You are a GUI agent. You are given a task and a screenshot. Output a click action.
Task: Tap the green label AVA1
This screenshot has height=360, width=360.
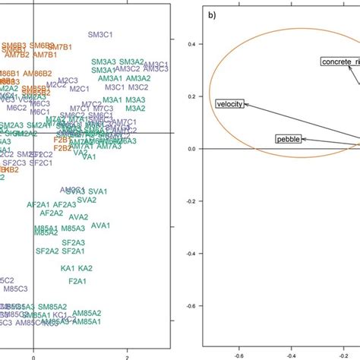pos(100,226)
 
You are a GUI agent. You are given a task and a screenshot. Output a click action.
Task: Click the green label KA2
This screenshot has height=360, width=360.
pos(85,268)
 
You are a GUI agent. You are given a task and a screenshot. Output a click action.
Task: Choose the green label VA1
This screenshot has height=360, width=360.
pos(89,157)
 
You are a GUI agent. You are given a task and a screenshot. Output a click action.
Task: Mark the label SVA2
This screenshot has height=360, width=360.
pos(87,200)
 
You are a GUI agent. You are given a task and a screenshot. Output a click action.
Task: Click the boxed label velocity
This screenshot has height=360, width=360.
pos(229,104)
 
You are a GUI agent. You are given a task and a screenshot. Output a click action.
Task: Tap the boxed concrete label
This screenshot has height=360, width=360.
pos(339,61)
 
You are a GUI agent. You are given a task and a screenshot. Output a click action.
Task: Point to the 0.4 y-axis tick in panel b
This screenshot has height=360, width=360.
pos(194,44)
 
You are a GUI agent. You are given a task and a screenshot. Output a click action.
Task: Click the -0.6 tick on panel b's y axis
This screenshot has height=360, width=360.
pos(194,305)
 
